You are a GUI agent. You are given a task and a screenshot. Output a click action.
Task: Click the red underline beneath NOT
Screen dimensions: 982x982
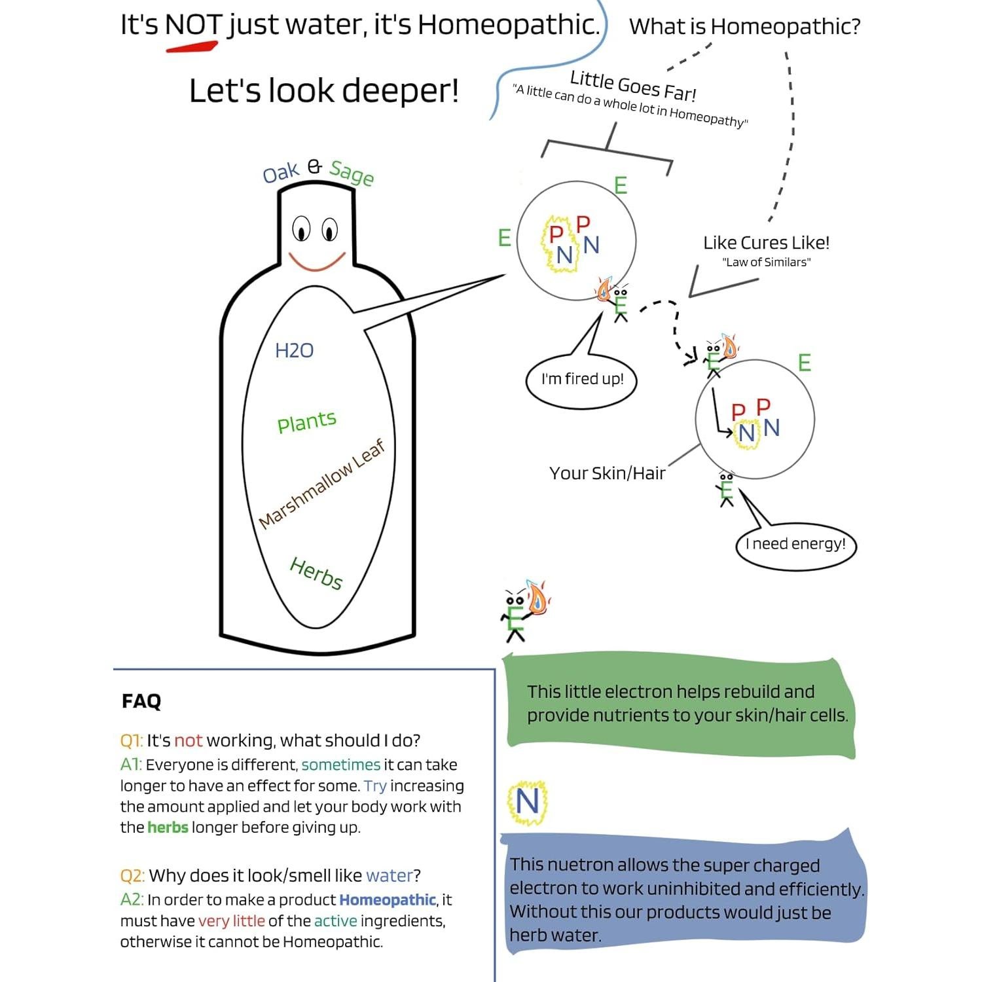tap(191, 46)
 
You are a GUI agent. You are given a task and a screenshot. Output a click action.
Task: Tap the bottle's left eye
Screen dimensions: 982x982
tap(301, 229)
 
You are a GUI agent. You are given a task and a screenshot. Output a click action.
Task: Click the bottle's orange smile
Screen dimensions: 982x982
tap(317, 263)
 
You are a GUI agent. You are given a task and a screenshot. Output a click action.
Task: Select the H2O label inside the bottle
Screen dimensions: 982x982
tap(294, 351)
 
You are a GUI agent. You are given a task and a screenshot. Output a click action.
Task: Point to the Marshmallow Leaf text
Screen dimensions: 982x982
tap(321, 484)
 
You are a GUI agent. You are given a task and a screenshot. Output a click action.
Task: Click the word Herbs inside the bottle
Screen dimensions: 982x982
tap(316, 573)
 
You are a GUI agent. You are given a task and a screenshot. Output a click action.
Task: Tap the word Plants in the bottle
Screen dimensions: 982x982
tap(306, 421)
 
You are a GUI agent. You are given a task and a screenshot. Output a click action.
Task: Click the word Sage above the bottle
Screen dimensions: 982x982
tap(352, 173)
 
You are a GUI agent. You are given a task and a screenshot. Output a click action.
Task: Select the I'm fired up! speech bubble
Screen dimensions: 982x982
tap(582, 380)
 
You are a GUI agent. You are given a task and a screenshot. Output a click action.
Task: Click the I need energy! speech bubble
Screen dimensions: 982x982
tap(795, 544)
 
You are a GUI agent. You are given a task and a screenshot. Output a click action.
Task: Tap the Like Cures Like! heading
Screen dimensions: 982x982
tap(766, 243)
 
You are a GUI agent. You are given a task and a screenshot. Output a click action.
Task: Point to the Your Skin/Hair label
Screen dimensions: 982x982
tap(607, 473)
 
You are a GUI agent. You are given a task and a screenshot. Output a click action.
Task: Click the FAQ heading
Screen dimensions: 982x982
tap(141, 701)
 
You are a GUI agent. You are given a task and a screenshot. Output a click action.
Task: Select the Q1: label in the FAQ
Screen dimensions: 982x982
tap(131, 740)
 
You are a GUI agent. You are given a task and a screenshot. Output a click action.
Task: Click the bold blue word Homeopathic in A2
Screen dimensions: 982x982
tap(387, 900)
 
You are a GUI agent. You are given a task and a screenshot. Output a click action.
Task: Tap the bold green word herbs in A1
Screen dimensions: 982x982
tap(168, 827)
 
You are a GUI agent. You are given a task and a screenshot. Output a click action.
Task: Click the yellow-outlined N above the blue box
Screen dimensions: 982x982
tap(528, 801)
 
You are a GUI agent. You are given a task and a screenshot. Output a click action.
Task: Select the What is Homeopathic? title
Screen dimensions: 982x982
tap(744, 27)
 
